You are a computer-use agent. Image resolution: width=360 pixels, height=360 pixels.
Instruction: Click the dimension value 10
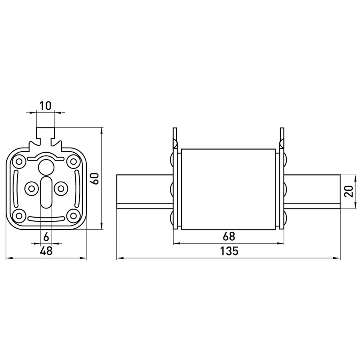[45, 106]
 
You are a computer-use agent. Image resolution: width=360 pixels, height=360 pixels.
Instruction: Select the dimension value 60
[94, 178]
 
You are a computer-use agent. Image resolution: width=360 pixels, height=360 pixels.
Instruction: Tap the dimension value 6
[46, 237]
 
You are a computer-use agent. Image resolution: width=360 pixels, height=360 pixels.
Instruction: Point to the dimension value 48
[46, 251]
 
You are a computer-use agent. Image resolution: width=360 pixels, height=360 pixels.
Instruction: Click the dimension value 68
[229, 236]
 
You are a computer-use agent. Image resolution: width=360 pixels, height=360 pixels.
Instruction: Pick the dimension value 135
[229, 251]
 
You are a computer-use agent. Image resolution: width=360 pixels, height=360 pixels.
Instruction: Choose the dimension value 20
[349, 191]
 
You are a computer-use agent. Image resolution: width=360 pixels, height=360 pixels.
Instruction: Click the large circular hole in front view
[46, 167]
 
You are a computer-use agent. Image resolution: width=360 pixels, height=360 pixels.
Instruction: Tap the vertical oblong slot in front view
[46, 192]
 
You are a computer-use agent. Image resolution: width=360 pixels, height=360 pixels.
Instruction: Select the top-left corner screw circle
[19, 162]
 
